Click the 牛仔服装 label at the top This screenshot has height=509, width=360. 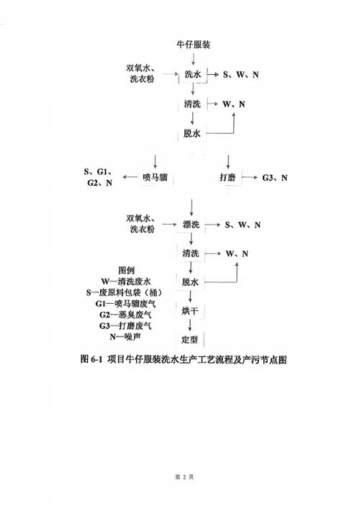(193, 45)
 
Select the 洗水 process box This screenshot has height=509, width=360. (193, 74)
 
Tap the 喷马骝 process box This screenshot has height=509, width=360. (156, 177)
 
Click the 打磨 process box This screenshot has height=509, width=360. (228, 177)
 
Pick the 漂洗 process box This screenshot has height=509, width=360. (191, 225)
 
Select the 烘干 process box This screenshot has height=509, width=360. (190, 311)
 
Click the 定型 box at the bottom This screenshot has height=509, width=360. (190, 340)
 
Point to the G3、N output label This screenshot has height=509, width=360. (275, 178)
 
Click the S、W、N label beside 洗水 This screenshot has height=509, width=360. (241, 75)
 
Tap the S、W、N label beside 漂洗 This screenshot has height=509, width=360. (243, 225)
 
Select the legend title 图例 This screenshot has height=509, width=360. (126, 270)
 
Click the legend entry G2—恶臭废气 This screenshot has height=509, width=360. (125, 315)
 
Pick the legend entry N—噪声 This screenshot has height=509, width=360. (125, 337)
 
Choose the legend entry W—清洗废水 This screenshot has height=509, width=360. (126, 281)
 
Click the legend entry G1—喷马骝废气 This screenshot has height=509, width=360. (125, 304)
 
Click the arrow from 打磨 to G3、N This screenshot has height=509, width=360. (250, 177)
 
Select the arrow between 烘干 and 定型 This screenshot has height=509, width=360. (190, 325)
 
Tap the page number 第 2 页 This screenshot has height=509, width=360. (184, 477)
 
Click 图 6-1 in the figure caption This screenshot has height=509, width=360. (91, 360)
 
